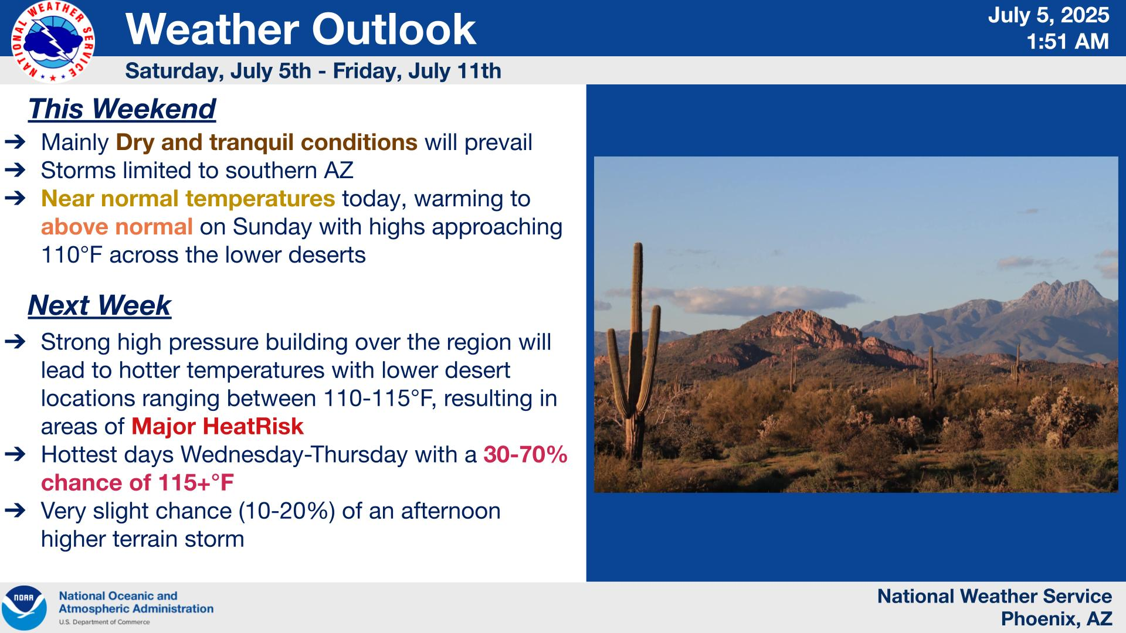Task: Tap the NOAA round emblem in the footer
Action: (x=24, y=608)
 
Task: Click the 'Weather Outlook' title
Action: (x=301, y=29)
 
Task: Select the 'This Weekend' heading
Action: (x=122, y=109)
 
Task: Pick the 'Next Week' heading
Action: (x=99, y=305)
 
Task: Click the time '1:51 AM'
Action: (x=1067, y=42)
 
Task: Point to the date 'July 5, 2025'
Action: (x=1049, y=15)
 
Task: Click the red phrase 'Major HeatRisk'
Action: (x=218, y=426)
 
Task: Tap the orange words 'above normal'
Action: (x=117, y=226)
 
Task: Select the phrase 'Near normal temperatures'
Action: (x=188, y=199)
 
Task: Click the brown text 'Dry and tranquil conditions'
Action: (x=267, y=142)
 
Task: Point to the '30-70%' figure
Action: (x=525, y=454)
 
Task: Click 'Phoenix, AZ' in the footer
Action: (x=1056, y=618)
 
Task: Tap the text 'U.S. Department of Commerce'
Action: (x=104, y=622)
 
